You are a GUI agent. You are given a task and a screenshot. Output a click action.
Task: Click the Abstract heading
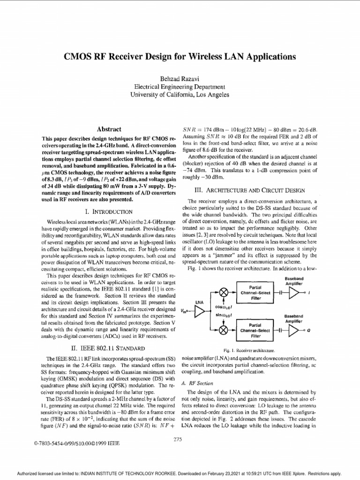coord(109,129)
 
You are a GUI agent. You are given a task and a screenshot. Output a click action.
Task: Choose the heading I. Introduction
coord(109,211)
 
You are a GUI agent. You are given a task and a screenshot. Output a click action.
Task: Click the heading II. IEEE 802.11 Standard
coord(109,348)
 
